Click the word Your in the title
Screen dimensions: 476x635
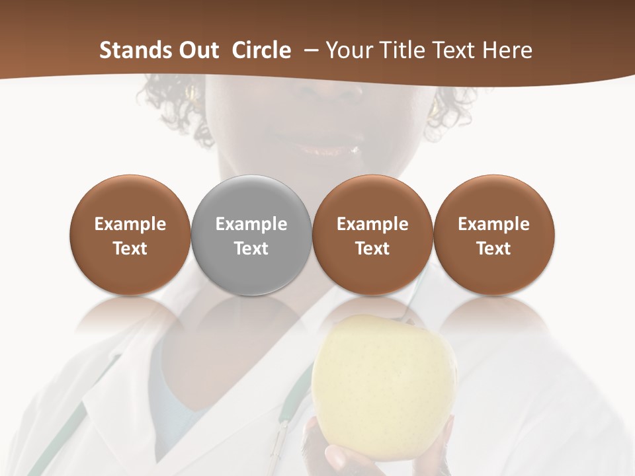point(351,50)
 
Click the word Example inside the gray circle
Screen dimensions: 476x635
point(251,224)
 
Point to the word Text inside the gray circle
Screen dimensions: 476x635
point(251,249)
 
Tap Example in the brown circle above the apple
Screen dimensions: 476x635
point(372,224)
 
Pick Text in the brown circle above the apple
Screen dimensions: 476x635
point(372,249)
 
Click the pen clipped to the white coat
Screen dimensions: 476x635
point(282,440)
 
